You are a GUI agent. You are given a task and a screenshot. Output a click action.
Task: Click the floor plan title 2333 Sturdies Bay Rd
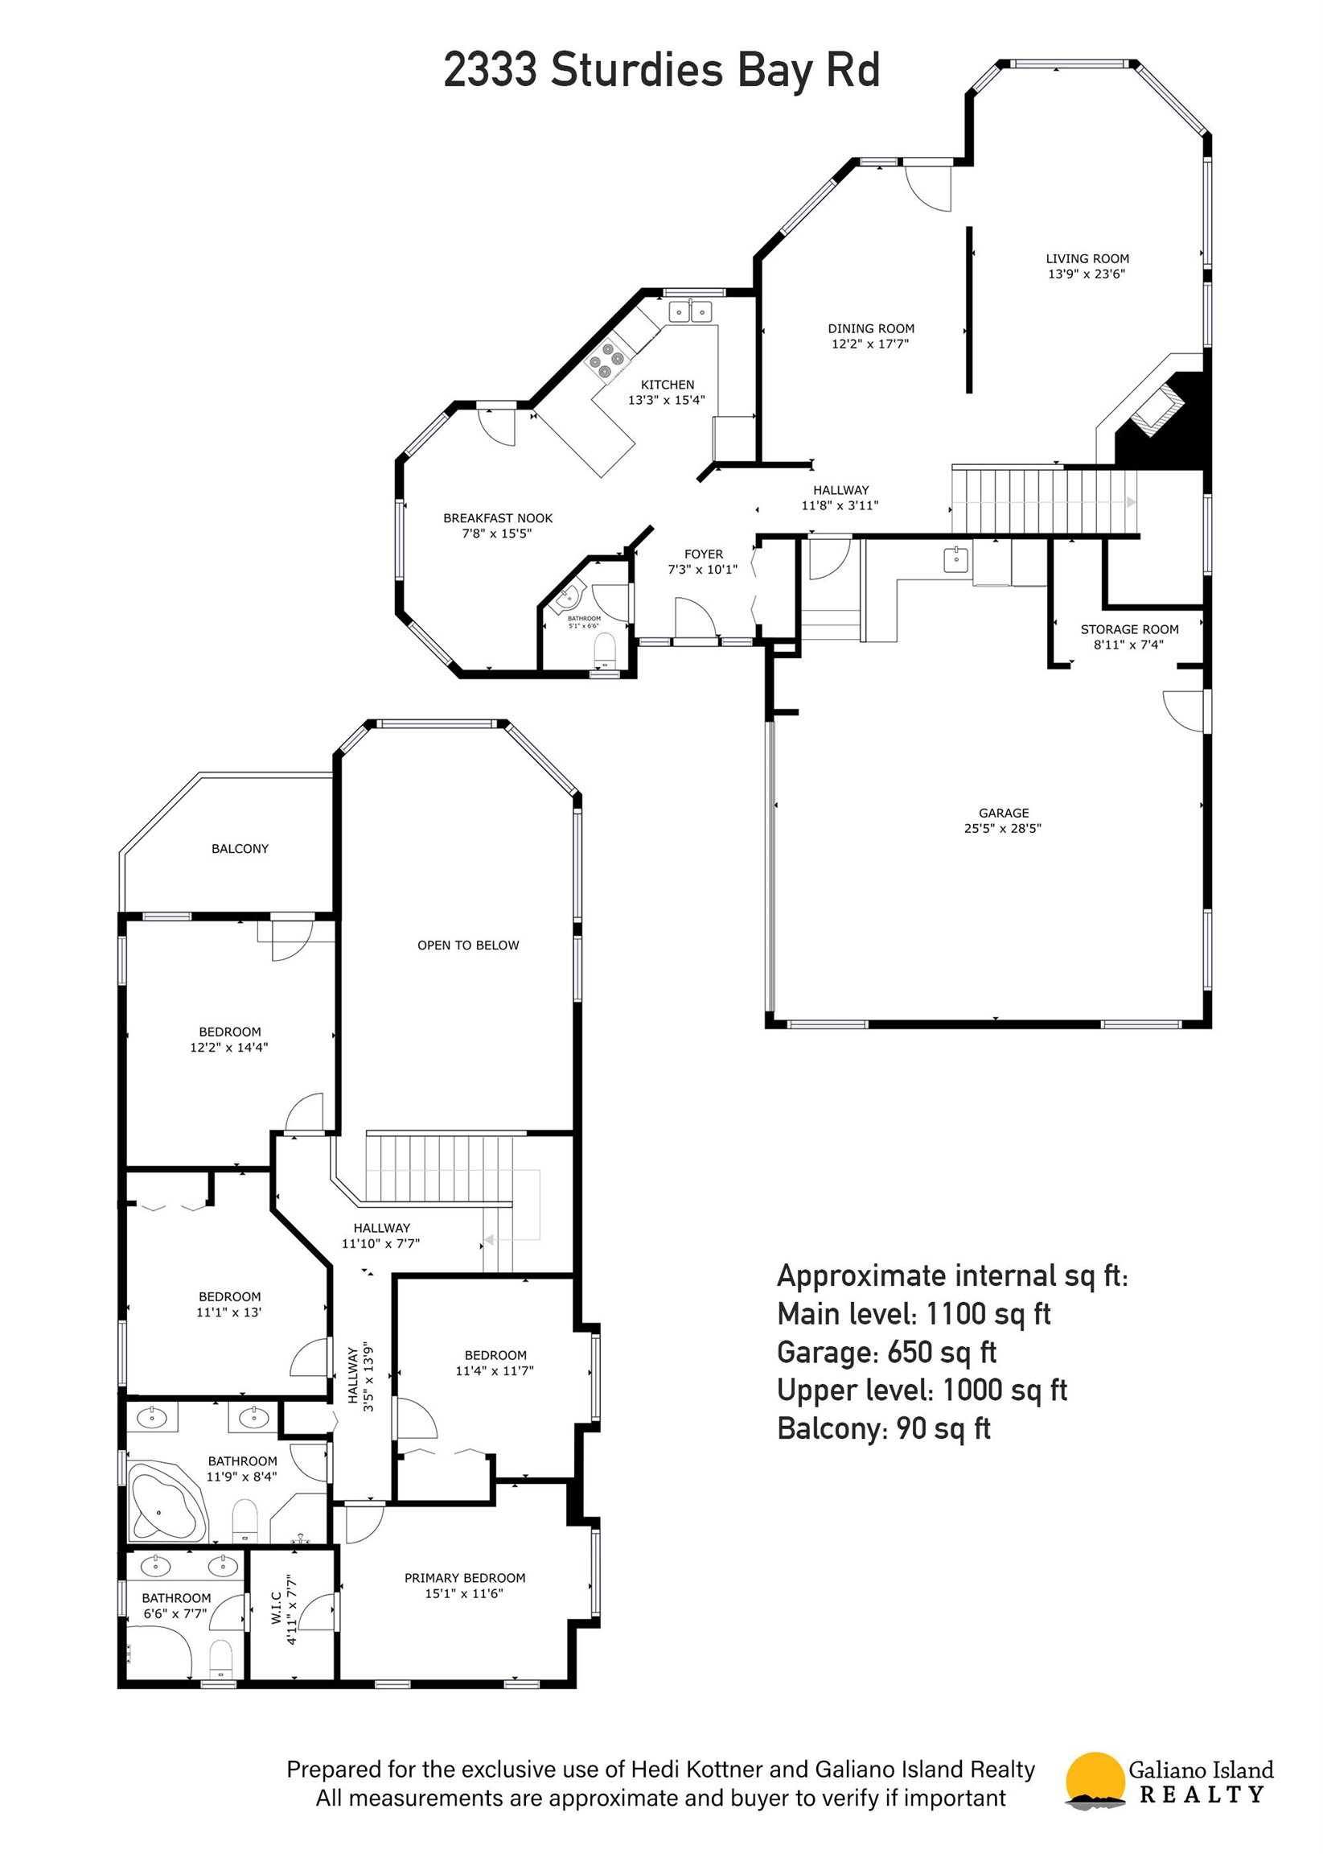[661, 70]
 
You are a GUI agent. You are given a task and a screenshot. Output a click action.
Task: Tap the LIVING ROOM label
[1087, 258]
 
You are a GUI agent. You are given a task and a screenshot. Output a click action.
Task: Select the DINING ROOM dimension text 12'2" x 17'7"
[870, 344]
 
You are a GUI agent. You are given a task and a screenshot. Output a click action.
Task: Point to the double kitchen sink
[691, 311]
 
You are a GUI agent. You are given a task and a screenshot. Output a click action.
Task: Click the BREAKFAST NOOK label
[498, 518]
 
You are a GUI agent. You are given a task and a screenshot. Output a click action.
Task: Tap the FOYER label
[704, 554]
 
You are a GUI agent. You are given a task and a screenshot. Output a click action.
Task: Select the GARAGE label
[1004, 813]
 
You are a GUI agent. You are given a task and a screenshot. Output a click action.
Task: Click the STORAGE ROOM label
[1129, 629]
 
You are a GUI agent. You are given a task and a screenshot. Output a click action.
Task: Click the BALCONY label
[240, 848]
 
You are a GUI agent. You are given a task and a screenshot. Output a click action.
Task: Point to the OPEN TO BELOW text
[467, 946]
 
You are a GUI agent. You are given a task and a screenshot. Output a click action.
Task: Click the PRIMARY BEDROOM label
[465, 1578]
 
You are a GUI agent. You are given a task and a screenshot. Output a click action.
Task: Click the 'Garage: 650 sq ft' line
[887, 1352]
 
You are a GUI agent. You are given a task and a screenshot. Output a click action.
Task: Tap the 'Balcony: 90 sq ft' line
[884, 1428]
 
